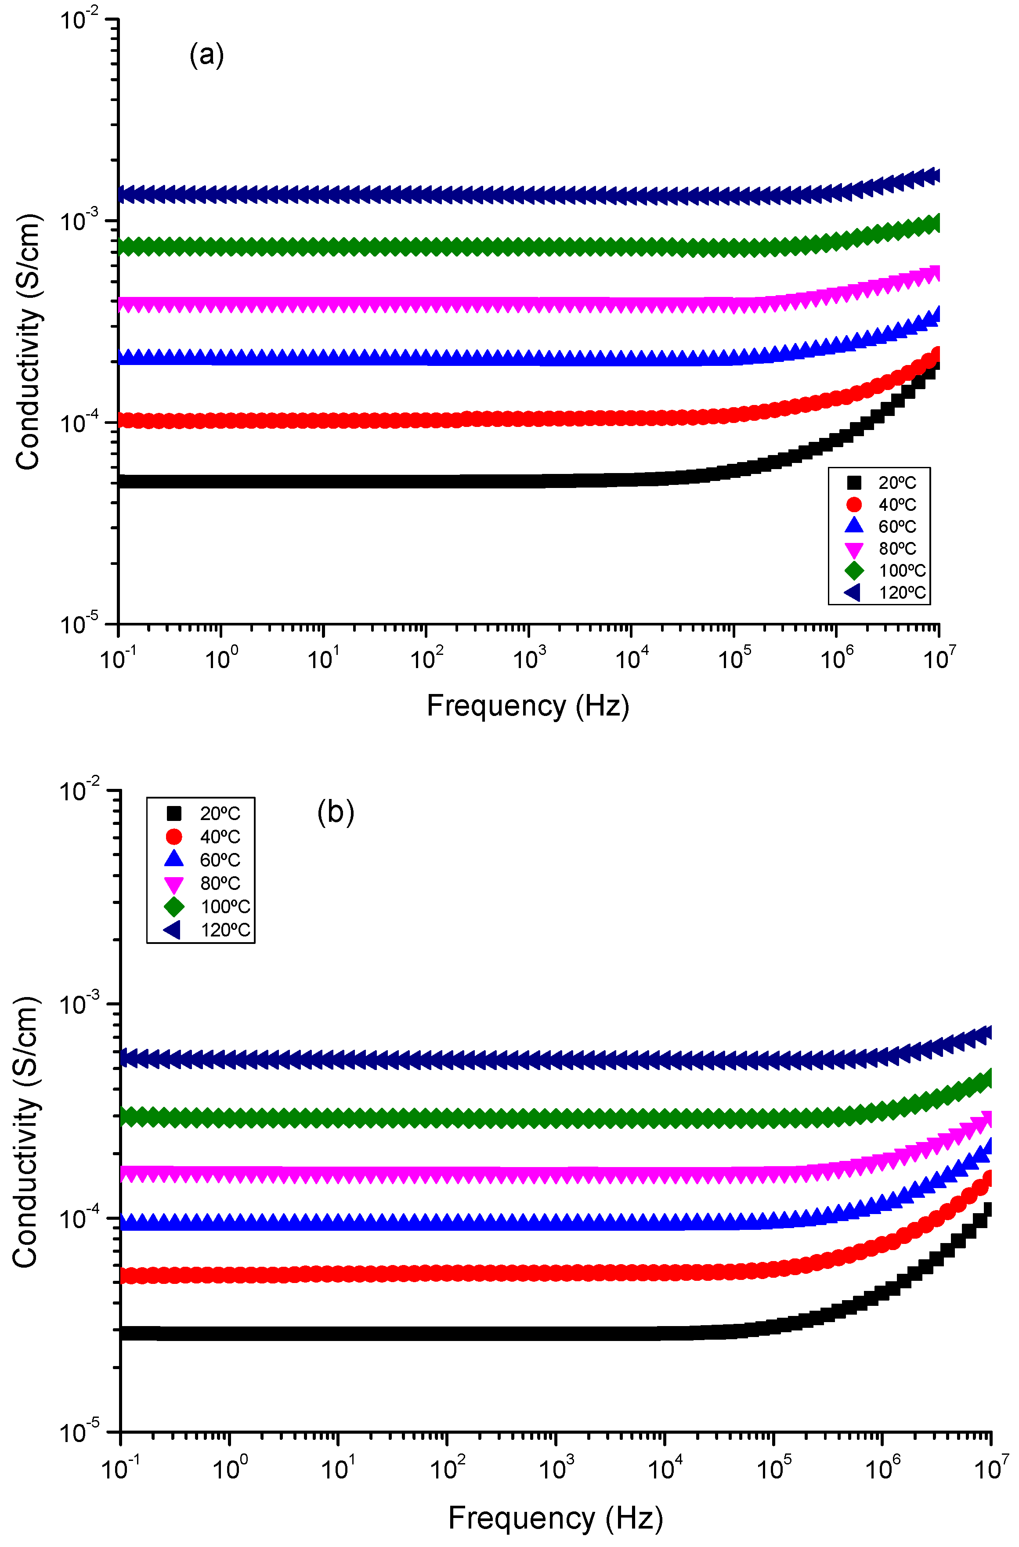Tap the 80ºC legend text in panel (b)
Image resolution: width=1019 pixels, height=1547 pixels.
click(x=220, y=883)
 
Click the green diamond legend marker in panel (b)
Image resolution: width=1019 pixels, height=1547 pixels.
click(x=174, y=907)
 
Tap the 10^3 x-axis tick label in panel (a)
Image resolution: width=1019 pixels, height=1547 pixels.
click(x=530, y=658)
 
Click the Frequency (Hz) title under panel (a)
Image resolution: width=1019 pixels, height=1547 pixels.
click(x=528, y=706)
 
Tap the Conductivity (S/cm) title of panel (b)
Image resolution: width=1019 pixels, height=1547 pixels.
click(x=26, y=1131)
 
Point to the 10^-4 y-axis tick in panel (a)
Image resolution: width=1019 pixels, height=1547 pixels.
click(x=83, y=423)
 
